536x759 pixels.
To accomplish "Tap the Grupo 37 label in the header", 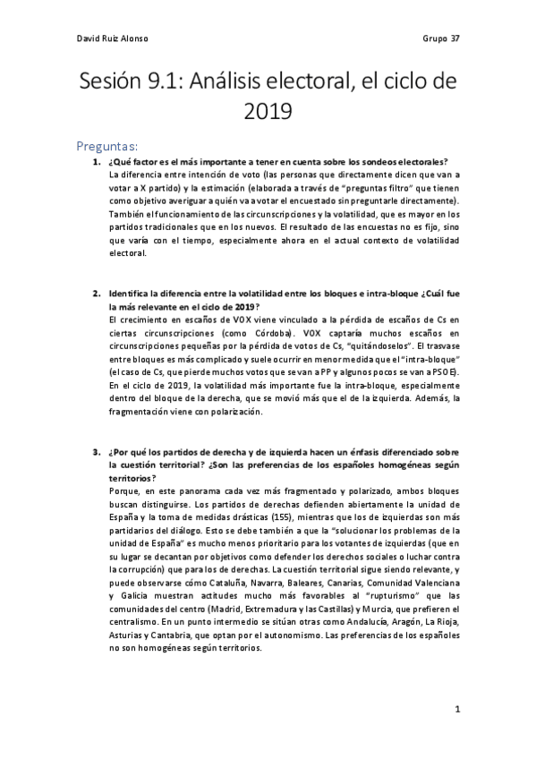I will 439,38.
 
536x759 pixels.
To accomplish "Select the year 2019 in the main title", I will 268,111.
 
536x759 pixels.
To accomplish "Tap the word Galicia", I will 123,595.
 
